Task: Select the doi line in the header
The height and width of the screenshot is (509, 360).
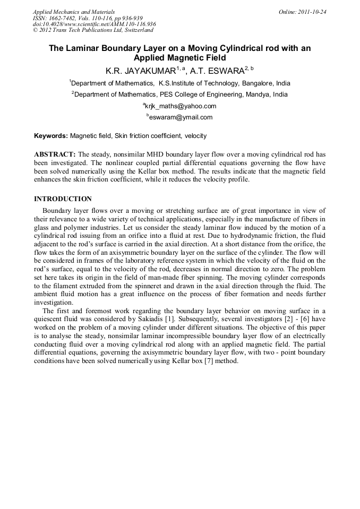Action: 95,24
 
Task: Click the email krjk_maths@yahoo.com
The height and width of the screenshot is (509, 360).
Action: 181,106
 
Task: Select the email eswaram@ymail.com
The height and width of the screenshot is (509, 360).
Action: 181,117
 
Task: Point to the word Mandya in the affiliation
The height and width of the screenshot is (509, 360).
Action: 256,94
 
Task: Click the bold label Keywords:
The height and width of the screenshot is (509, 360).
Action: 50,136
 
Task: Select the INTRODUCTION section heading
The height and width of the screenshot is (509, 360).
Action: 63,199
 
